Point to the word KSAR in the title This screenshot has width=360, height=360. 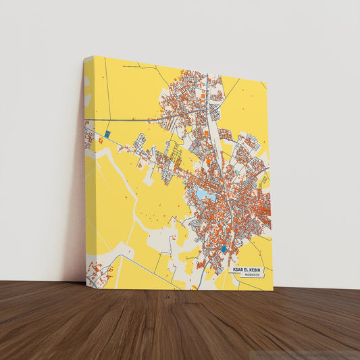tap(237, 269)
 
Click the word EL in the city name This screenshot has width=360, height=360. tap(247, 269)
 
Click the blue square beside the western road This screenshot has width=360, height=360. tap(107, 134)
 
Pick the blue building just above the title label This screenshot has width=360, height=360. tap(225, 251)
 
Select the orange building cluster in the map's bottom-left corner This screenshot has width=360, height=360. tap(97, 274)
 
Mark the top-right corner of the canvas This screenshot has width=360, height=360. tap(267, 84)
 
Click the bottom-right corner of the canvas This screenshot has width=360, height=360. tap(273, 290)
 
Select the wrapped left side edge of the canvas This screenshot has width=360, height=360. tap(88, 169)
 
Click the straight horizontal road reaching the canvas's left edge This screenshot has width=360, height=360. tap(122, 121)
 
